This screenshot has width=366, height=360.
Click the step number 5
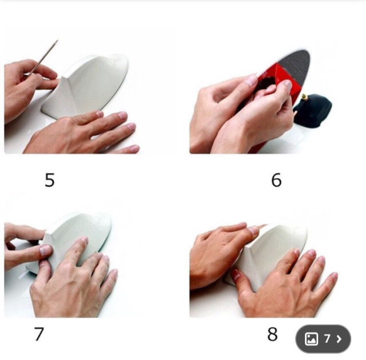(50, 180)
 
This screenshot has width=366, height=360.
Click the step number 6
(276, 180)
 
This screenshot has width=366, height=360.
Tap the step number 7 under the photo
(39, 334)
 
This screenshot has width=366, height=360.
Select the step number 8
(272, 334)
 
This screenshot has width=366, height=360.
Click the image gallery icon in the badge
(311, 339)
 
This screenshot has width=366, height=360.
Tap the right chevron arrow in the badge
(339, 339)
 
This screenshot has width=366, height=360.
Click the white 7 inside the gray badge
(327, 338)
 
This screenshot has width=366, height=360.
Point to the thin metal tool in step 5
(43, 58)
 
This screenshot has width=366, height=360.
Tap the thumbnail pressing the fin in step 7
(45, 250)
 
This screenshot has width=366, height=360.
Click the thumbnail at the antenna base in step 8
(236, 275)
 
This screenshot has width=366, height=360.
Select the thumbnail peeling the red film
(288, 85)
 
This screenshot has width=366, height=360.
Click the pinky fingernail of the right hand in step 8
(334, 275)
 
